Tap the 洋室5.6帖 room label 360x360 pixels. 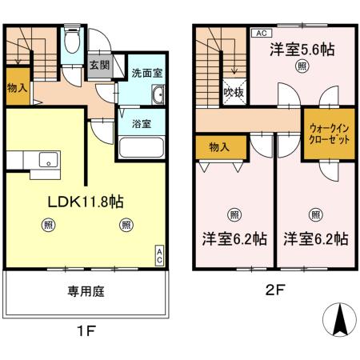tap(302, 50)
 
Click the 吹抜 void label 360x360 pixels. tap(233, 94)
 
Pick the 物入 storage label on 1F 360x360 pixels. tap(17, 86)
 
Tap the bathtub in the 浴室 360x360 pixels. tap(142, 149)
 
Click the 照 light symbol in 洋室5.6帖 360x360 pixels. tap(301, 67)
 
